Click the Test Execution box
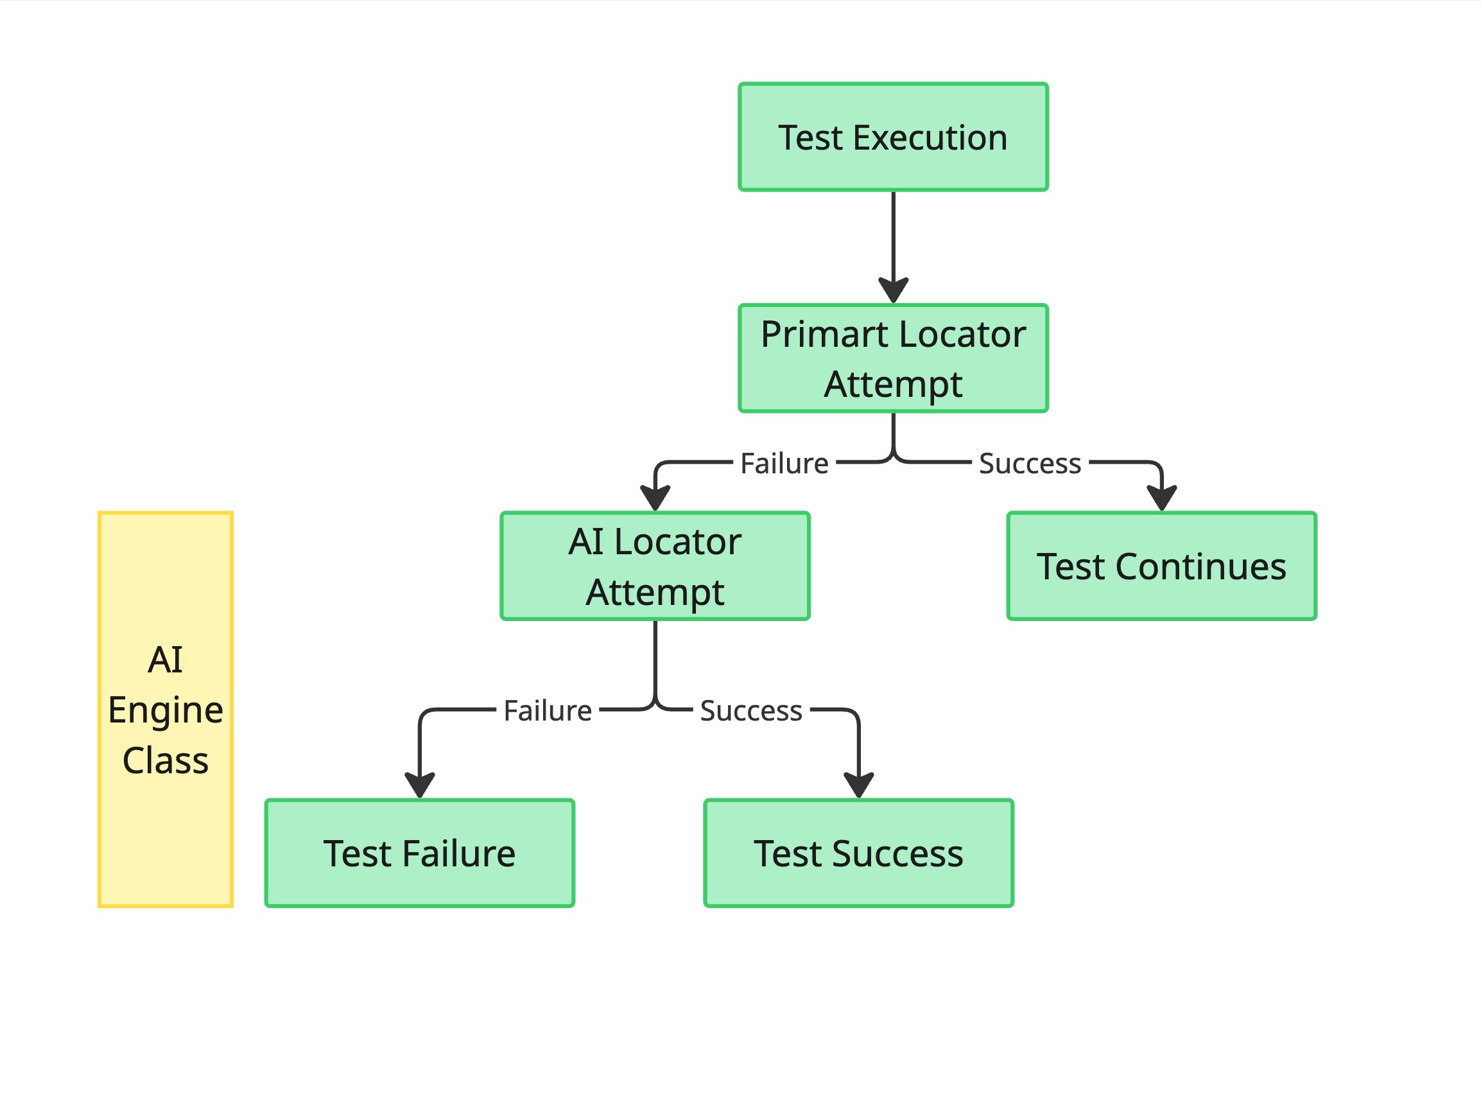[892, 137]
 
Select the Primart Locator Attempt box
[892, 358]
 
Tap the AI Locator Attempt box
[655, 566]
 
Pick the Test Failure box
[419, 853]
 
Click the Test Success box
[858, 853]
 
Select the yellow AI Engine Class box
[166, 710]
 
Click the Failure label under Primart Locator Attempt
[784, 464]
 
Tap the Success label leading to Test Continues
[1029, 464]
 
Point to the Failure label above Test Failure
[547, 710]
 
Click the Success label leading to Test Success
[750, 710]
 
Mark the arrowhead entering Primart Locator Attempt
[893, 290]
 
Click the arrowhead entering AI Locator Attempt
[655, 498]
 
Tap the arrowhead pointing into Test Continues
[1162, 498]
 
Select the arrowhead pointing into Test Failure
[420, 784]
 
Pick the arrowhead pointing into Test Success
[858, 784]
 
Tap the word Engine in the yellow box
[166, 710]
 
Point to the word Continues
[1200, 566]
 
